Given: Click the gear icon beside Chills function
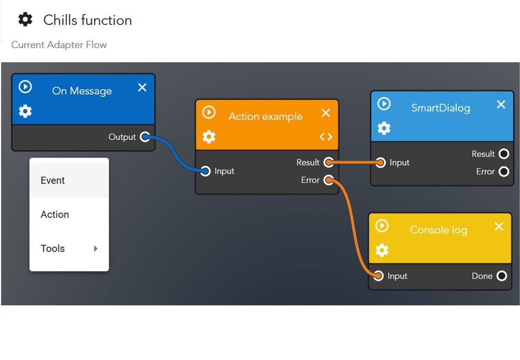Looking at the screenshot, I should (x=25, y=20).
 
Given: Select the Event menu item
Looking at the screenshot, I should (x=52, y=180).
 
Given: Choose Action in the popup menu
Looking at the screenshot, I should (x=55, y=214).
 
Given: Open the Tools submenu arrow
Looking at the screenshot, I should (x=96, y=249).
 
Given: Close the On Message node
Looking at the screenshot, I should (x=142, y=88).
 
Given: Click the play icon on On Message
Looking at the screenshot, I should (x=25, y=87).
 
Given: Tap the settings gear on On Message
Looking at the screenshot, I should (x=25, y=112).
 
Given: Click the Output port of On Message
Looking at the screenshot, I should (x=145, y=137).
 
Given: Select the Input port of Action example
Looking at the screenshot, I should (x=206, y=171).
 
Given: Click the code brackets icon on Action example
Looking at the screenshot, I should (x=326, y=137).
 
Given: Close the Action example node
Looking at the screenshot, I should (x=326, y=113).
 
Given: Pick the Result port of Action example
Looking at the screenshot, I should (x=328, y=163).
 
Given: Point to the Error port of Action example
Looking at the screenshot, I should (x=328, y=180).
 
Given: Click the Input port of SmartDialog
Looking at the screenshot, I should (x=380, y=163).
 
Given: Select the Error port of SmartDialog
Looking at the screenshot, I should (x=504, y=172).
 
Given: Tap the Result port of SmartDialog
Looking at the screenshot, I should (x=504, y=154).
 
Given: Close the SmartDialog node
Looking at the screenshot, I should (x=501, y=105).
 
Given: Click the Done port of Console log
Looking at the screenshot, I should (x=501, y=276).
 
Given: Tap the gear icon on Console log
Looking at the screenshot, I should (x=382, y=250).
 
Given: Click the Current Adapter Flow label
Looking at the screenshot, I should (x=59, y=45).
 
